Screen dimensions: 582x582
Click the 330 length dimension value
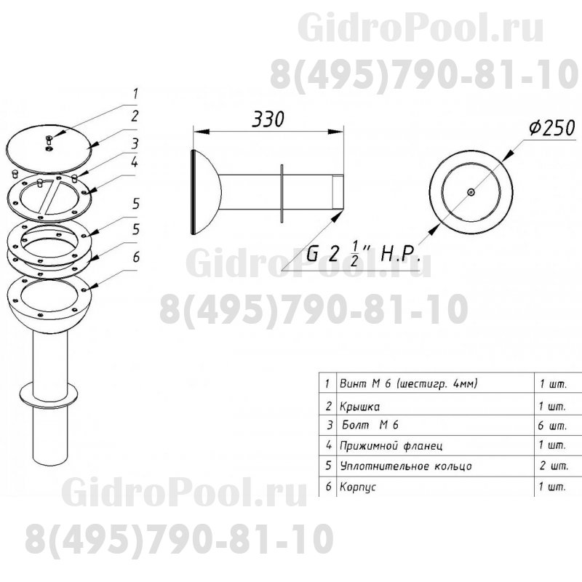pyautogui.click(x=268, y=119)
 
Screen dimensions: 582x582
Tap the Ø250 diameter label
pyautogui.click(x=552, y=128)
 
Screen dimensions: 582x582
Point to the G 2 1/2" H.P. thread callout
pyautogui.click(x=363, y=253)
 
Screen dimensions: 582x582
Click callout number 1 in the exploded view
pyautogui.click(x=135, y=94)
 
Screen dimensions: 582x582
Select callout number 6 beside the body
pyautogui.click(x=136, y=257)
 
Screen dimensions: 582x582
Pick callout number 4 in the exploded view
pyautogui.click(x=135, y=162)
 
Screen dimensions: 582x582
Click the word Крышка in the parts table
pyautogui.click(x=359, y=407)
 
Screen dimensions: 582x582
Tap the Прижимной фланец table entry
pyautogui.click(x=391, y=445)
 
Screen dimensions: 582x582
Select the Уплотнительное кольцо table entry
pyautogui.click(x=406, y=466)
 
